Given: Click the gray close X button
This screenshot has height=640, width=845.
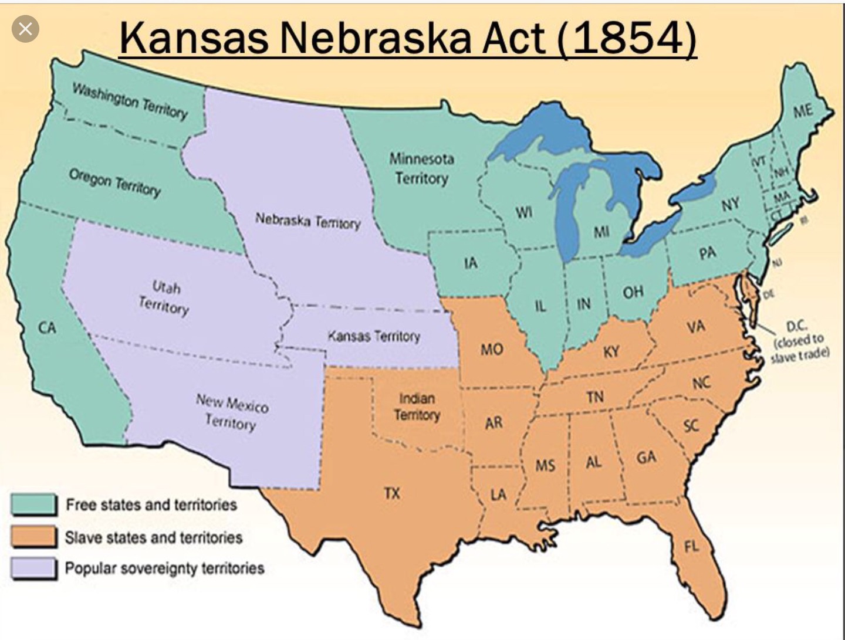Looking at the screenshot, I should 25,29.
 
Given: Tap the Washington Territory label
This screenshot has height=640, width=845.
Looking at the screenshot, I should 130,100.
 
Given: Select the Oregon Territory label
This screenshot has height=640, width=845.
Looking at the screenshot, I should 114,182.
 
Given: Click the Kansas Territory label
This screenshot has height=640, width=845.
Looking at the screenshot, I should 374,336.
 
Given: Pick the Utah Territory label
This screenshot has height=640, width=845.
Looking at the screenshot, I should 165,297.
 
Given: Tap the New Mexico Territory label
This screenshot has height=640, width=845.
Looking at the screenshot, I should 232,412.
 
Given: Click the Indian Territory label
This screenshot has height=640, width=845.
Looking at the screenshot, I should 417,407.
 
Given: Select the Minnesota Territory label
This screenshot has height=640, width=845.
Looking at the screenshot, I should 421,168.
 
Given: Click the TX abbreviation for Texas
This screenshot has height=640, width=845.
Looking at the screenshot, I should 392,493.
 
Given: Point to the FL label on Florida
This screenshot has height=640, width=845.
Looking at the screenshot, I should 691,547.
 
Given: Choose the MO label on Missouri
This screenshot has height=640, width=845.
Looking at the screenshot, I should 491,350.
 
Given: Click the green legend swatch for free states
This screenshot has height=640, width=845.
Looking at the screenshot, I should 34,504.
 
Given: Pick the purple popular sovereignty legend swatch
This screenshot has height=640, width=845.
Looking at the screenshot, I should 34,568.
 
